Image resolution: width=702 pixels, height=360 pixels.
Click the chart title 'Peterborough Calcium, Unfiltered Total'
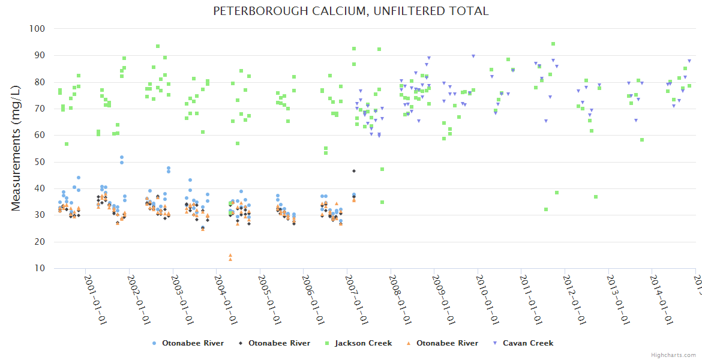(351, 11)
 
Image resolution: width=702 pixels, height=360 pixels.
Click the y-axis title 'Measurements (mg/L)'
(16, 148)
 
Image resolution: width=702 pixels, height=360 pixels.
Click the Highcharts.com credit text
(673, 355)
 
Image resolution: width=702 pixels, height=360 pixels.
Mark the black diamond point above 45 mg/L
(354, 171)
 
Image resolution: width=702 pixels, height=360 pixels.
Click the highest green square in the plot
(553, 44)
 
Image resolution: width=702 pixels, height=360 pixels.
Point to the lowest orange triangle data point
(230, 259)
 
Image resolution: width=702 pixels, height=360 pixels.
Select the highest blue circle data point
(122, 157)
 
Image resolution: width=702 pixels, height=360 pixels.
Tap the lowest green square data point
(546, 209)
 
